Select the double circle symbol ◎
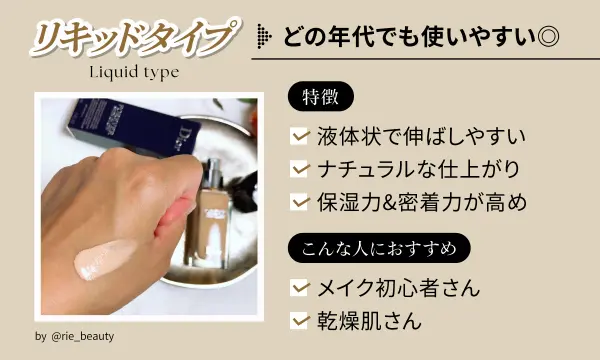tap(548, 37)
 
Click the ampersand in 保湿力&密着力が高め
tap(400, 202)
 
